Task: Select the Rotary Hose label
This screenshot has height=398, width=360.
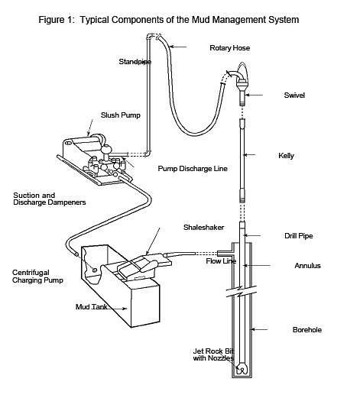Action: (229, 48)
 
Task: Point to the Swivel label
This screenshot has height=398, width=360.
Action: (294, 95)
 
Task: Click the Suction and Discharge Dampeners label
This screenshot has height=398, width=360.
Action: (49, 199)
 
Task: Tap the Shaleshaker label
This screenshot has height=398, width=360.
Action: (203, 228)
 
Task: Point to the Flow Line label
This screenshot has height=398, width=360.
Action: (221, 261)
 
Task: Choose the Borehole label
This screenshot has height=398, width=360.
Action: (306, 330)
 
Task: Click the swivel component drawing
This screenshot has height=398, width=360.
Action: (242, 86)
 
